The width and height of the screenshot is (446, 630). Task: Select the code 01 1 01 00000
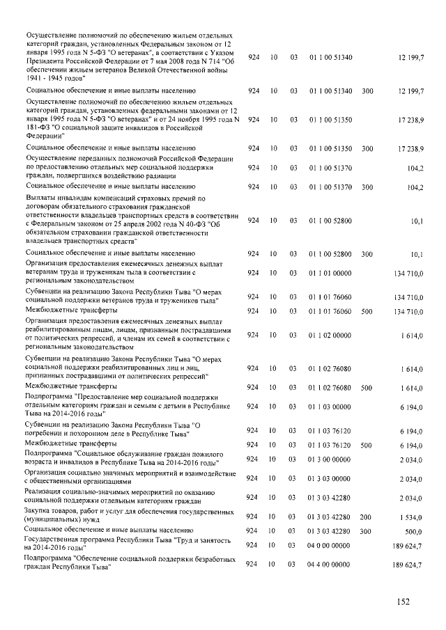[330, 273]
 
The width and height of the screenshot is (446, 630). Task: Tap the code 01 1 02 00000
[330, 336]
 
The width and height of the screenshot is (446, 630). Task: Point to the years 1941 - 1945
[48, 79]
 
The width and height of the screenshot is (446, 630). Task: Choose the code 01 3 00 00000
[330, 461]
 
